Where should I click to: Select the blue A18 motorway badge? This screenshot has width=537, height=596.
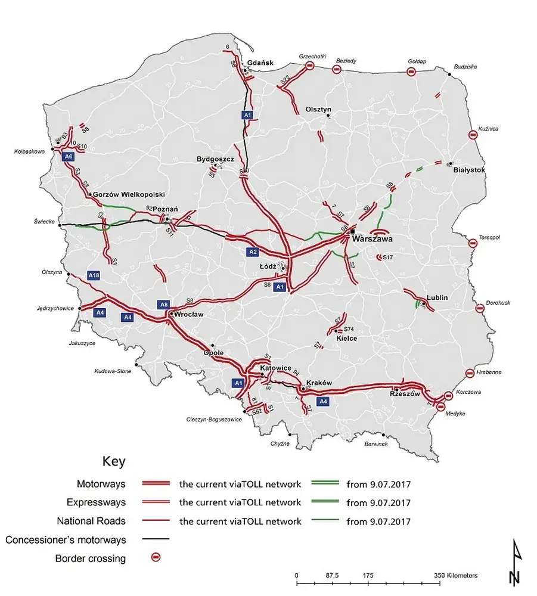(94, 275)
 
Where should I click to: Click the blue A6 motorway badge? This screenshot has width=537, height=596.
(69, 156)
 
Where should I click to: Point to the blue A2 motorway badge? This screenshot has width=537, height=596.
(252, 252)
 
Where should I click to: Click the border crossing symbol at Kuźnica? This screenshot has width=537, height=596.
(473, 135)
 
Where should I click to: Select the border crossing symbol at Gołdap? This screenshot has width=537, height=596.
(411, 72)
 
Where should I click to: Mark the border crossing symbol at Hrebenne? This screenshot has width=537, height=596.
(470, 372)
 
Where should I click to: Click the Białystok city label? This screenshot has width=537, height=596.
(470, 170)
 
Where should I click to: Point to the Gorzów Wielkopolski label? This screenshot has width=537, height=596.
(129, 194)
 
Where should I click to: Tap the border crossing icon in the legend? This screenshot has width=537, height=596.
(156, 558)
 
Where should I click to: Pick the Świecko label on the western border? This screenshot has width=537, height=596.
(45, 223)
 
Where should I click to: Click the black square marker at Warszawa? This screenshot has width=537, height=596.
(353, 231)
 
